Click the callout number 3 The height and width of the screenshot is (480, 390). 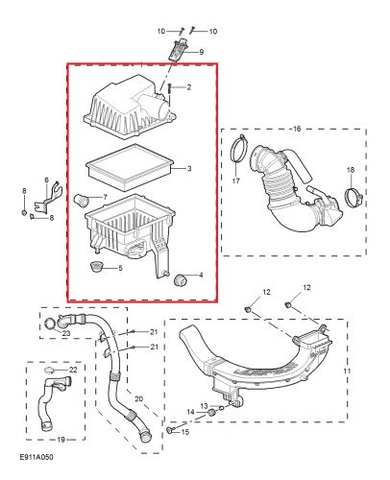pos(189,169)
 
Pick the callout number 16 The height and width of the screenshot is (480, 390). pos(296,127)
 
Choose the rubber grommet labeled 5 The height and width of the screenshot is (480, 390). pos(96,266)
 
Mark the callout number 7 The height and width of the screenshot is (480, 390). pos(105,196)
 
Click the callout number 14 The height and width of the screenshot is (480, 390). pos(189,412)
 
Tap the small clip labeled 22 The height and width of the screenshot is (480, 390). pos(49,369)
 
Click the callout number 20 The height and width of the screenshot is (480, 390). pos(138,397)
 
